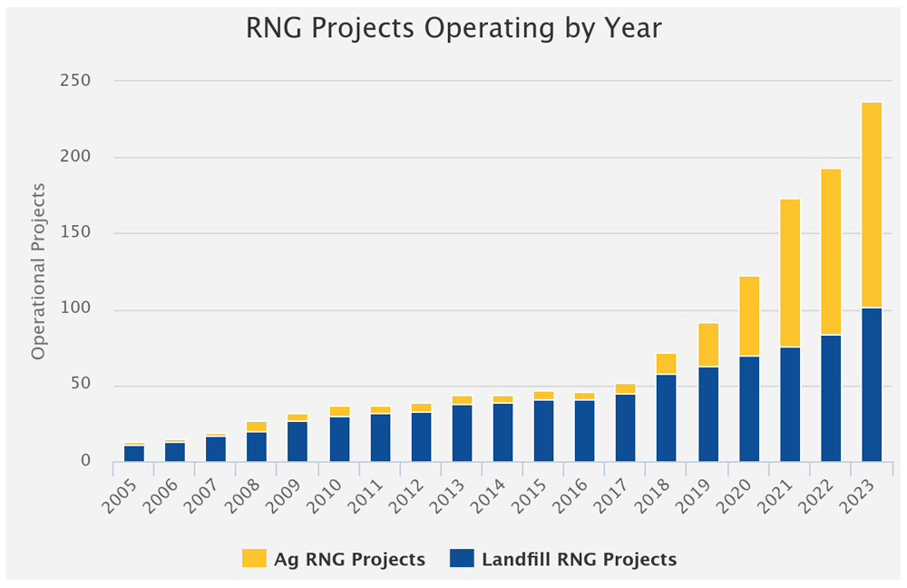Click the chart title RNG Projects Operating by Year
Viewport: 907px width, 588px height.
point(453,28)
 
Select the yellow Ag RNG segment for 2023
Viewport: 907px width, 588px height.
point(872,205)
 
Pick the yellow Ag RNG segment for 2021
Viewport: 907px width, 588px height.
point(790,273)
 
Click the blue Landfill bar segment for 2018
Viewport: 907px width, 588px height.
point(667,417)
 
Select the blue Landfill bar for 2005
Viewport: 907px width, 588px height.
point(134,453)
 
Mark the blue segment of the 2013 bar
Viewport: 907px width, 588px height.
point(462,432)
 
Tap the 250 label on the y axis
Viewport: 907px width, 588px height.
point(76,81)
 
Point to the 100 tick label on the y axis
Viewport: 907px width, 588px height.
point(76,310)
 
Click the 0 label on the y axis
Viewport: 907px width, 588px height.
point(86,462)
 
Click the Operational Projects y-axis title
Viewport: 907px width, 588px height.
point(38,270)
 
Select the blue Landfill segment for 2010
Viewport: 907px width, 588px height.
point(339,438)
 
